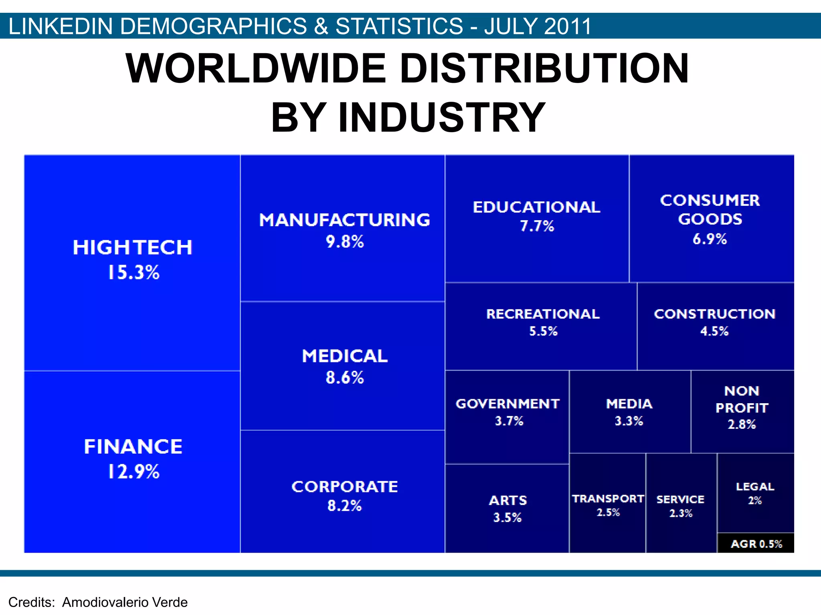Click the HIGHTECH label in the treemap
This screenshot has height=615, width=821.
click(132, 247)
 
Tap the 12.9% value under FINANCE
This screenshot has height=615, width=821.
click(133, 471)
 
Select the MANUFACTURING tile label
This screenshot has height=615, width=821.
click(344, 220)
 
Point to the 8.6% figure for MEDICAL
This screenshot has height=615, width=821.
click(345, 378)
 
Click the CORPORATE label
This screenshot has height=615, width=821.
click(344, 486)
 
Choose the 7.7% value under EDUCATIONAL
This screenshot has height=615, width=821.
click(537, 226)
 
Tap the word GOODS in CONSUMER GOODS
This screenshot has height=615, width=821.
click(710, 219)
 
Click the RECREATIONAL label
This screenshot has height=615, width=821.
click(543, 314)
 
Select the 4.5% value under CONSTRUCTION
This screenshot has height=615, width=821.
click(714, 331)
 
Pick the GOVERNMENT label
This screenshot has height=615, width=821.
click(508, 404)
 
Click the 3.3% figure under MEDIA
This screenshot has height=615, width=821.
click(629, 421)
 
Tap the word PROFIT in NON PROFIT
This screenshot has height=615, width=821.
click(742, 408)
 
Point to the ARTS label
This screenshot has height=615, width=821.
click(508, 500)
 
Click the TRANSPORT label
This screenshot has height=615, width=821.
click(608, 498)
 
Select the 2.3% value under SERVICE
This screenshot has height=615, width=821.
click(681, 513)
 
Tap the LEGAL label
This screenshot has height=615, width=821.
click(755, 486)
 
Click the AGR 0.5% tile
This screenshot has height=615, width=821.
click(756, 544)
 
